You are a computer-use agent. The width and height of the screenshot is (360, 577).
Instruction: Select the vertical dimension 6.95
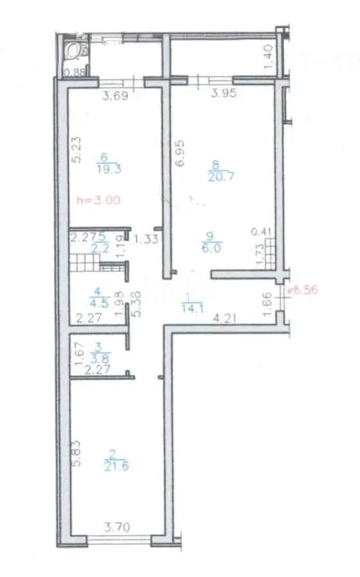(181, 154)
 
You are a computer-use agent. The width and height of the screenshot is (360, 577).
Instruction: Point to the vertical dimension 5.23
(76, 151)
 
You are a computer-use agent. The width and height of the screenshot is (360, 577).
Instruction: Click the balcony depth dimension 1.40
(269, 60)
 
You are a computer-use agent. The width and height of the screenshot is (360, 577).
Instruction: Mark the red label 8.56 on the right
(304, 289)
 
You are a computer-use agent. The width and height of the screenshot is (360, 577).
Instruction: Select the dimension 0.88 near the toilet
(76, 72)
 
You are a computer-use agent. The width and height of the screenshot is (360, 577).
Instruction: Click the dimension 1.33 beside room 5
(148, 239)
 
